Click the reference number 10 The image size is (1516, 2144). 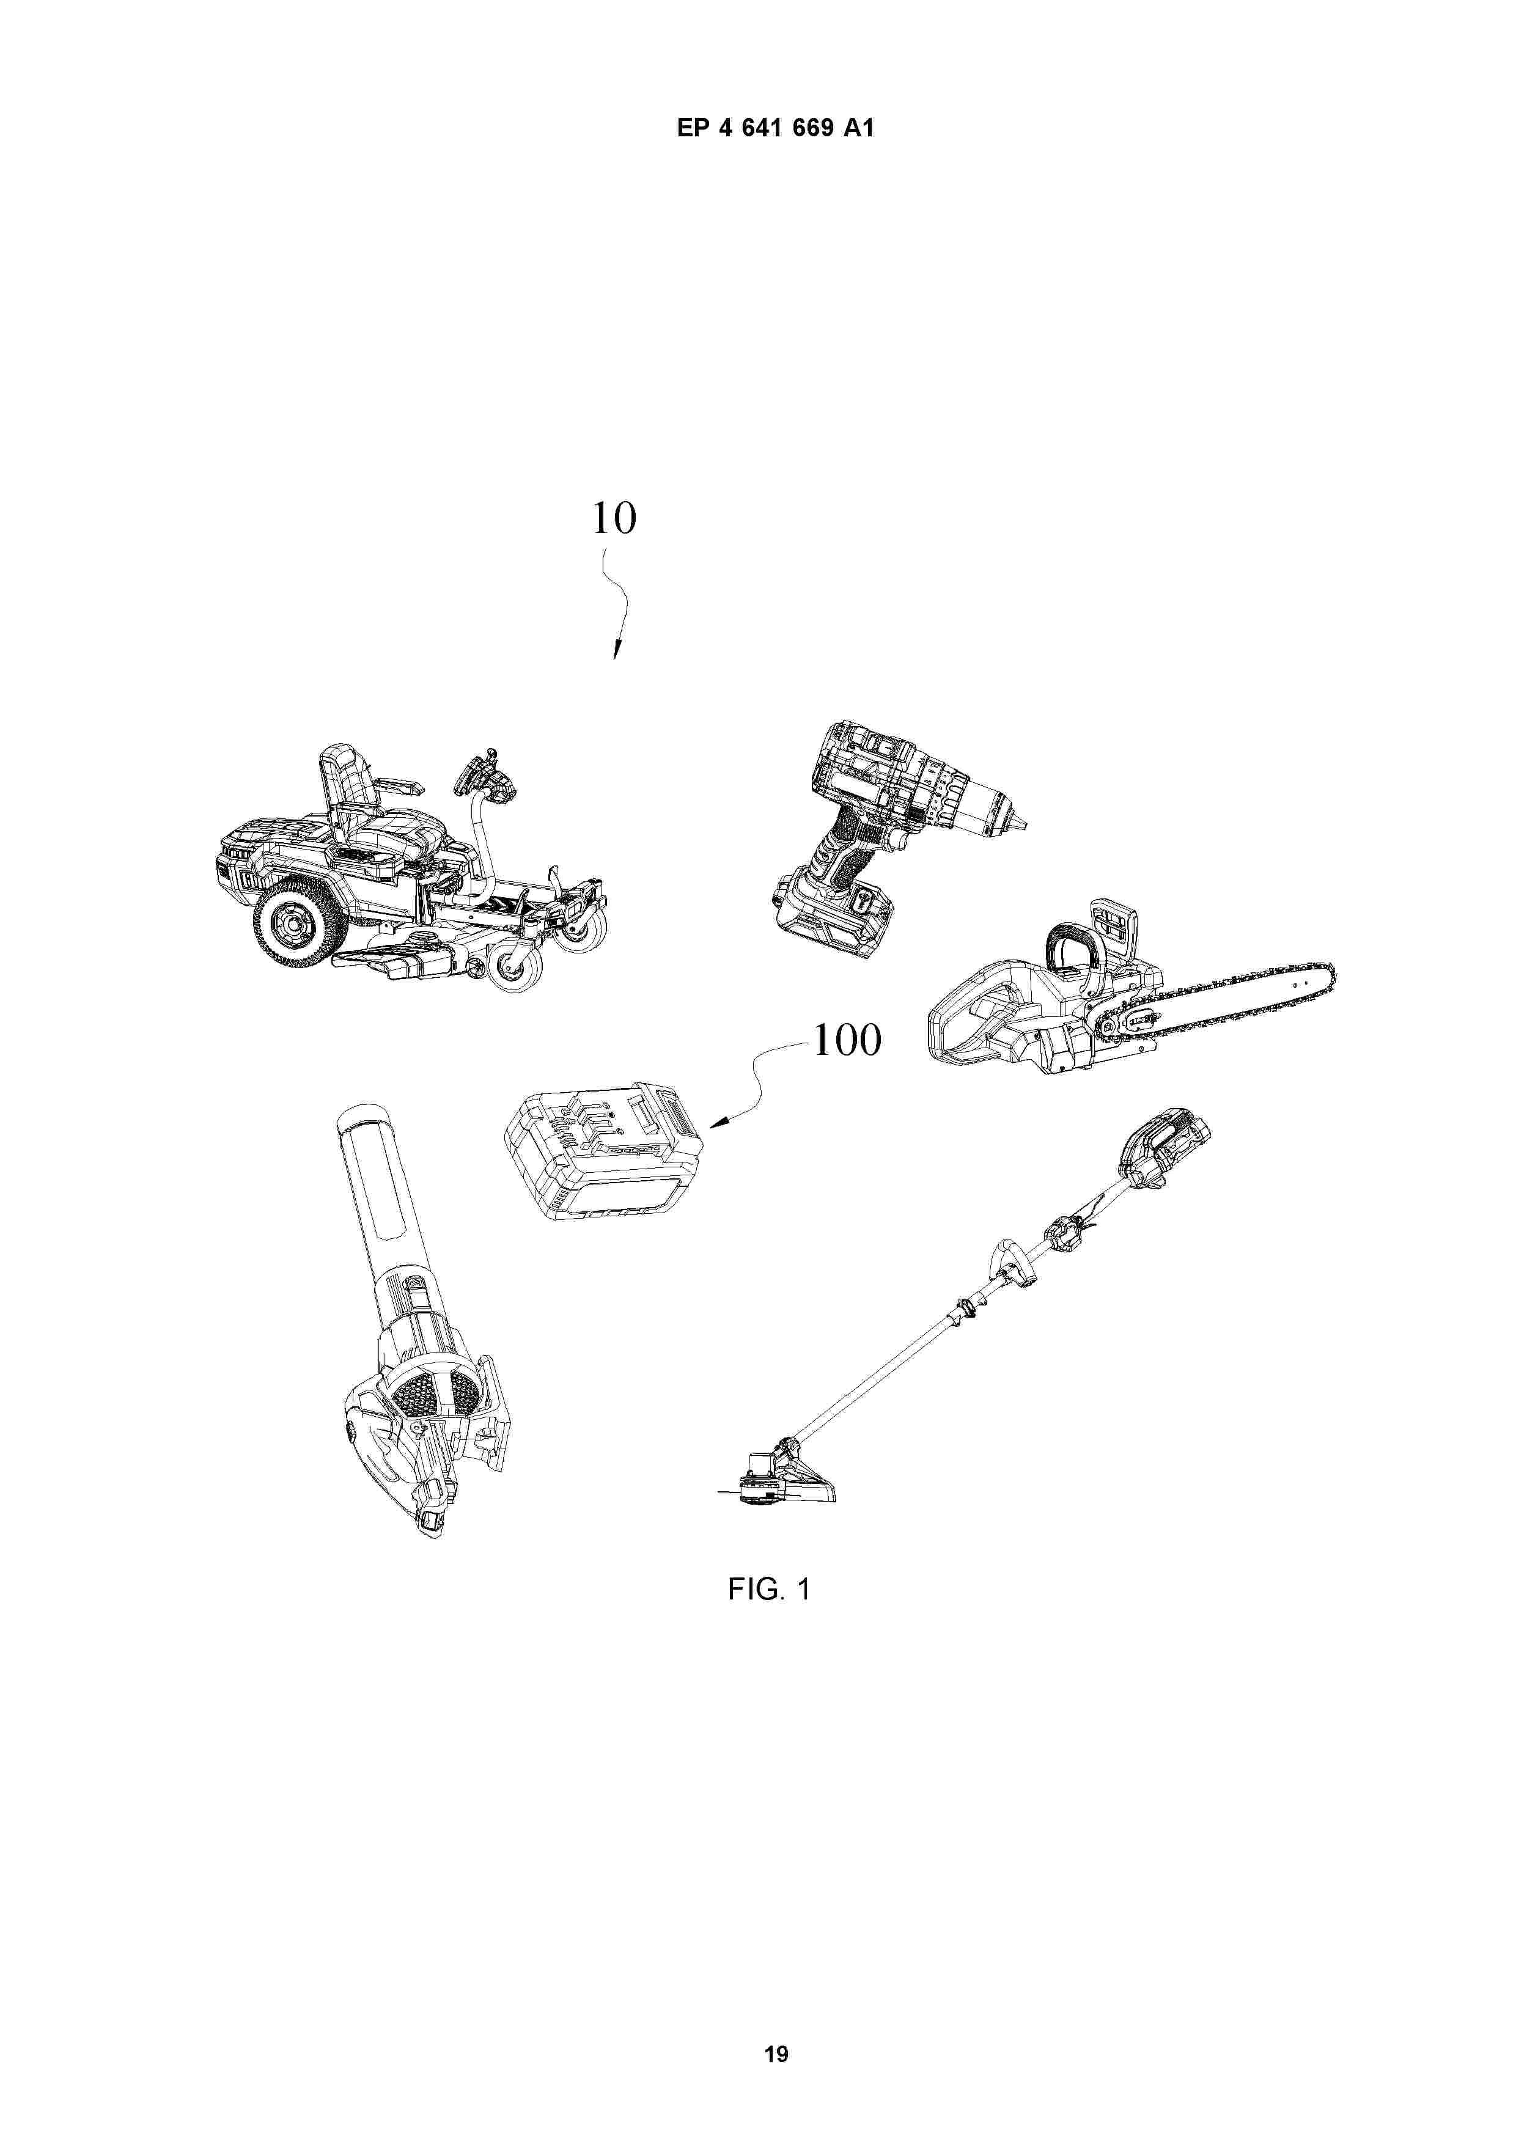[x=614, y=518]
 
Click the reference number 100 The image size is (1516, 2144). [x=846, y=1040]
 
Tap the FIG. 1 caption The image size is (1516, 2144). [x=769, y=1588]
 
